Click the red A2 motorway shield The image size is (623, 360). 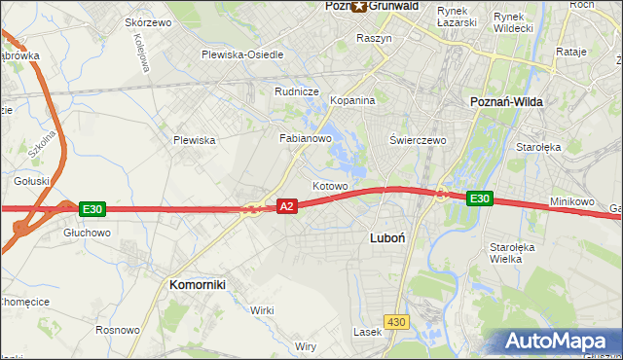coord(286,206)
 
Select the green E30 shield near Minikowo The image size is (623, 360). coord(478,198)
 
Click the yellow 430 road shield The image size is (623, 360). coord(395,320)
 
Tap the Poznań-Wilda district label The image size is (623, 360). coord(506,101)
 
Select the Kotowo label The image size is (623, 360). coord(329,185)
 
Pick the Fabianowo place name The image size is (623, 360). coord(307,138)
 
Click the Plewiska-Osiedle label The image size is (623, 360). coord(242,54)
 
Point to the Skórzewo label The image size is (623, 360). coord(148,22)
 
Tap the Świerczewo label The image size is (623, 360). coord(418,140)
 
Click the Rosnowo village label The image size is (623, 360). coord(116,330)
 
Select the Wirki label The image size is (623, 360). coord(262,309)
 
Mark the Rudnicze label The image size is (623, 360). coord(297,91)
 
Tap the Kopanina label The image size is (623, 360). coord(352,100)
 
